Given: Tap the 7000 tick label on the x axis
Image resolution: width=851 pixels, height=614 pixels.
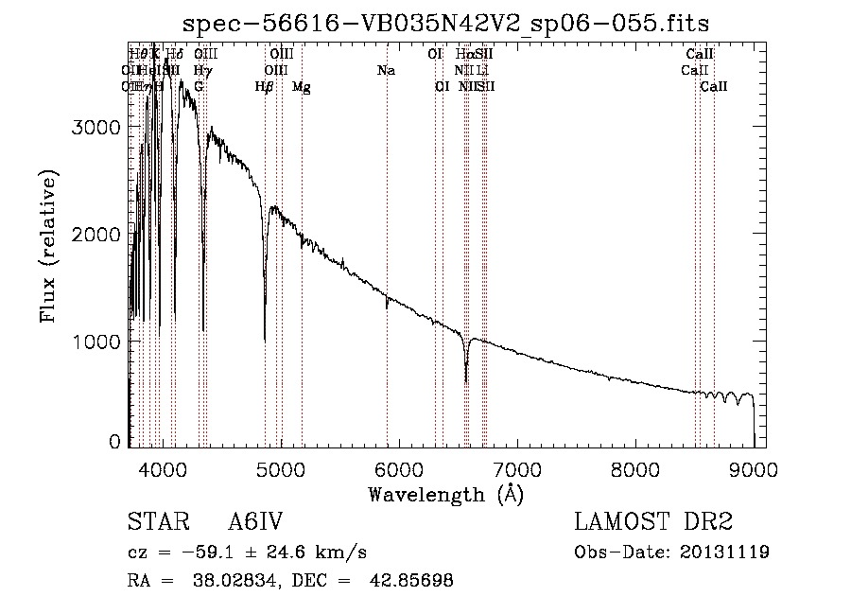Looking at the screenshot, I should [517, 467].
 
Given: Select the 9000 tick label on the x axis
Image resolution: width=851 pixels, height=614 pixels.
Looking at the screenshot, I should [754, 467].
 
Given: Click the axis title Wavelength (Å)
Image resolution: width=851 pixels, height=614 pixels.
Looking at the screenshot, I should [445, 494].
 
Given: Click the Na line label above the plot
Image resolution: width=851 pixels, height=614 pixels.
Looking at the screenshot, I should [386, 71].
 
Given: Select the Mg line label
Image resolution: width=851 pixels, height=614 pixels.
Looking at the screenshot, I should [301, 87].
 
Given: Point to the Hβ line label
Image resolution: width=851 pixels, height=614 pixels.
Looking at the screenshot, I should [264, 87].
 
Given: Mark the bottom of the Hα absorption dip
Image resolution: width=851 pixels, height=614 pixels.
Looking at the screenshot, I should [466, 381].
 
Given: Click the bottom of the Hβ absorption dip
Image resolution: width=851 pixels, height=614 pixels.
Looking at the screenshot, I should [265, 341].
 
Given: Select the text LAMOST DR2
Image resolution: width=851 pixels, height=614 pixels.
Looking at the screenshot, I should [653, 523].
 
